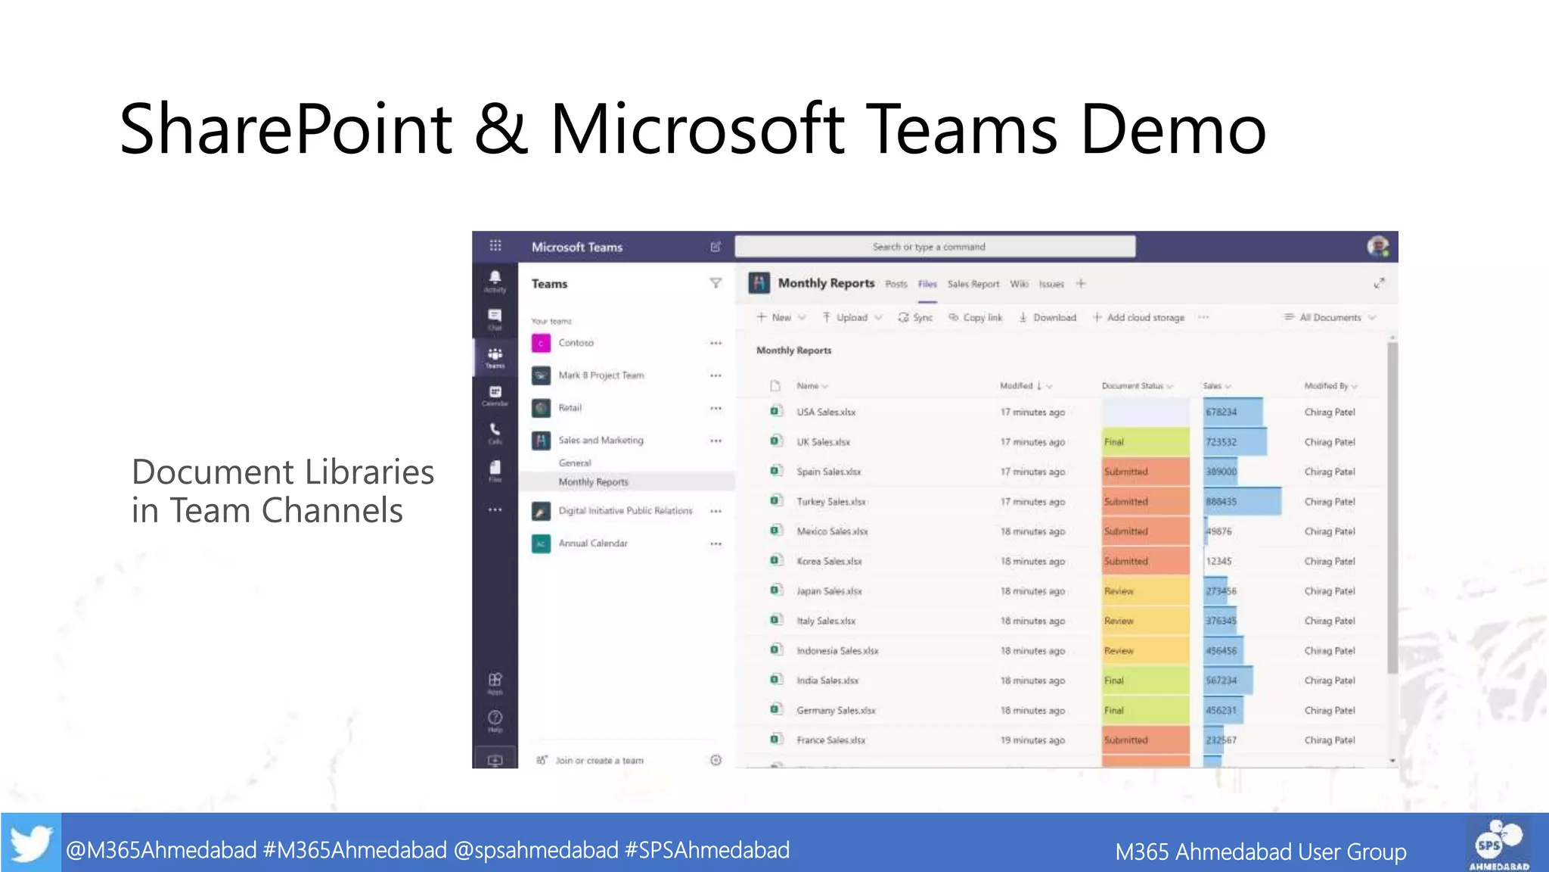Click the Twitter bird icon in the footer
(31, 842)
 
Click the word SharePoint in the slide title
(285, 129)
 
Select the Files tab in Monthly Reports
(927, 285)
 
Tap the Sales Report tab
(973, 285)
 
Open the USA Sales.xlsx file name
(826, 413)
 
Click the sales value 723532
(1221, 442)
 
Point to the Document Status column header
(1132, 386)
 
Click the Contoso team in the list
(576, 343)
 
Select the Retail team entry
(570, 408)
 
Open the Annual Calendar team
(593, 543)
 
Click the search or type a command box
(934, 247)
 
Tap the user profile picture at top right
(1377, 247)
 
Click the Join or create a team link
(599, 761)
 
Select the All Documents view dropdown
(1330, 318)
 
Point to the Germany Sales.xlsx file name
(836, 711)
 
